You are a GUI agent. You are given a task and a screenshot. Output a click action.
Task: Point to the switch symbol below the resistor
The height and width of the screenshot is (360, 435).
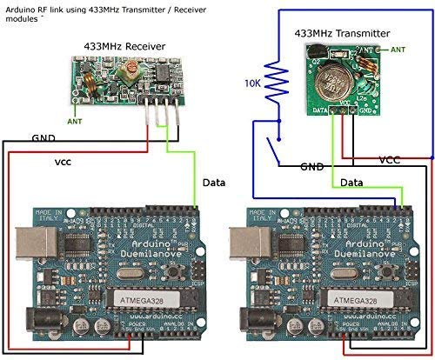(x=276, y=153)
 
